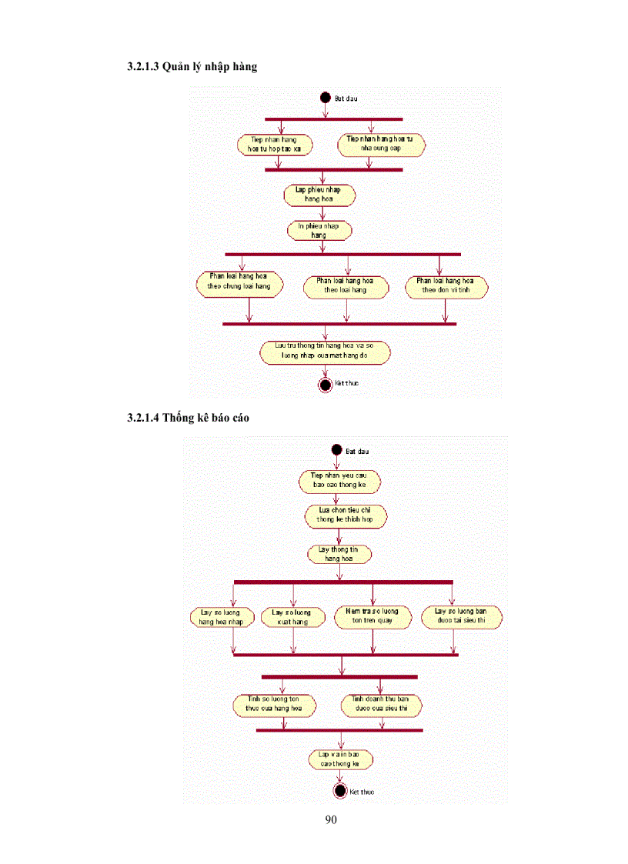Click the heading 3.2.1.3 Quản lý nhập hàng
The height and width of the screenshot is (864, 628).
pyautogui.click(x=192, y=67)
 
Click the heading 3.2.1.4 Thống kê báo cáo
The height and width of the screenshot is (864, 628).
pyautogui.click(x=188, y=419)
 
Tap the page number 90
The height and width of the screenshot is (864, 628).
pyautogui.click(x=331, y=820)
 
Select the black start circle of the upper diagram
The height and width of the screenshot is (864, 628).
pyautogui.click(x=325, y=98)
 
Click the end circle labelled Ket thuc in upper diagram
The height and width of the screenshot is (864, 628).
pyautogui.click(x=325, y=384)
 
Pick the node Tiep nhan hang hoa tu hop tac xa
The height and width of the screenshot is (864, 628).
pyautogui.click(x=275, y=145)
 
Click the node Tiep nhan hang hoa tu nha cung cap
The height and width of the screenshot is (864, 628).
pyautogui.click(x=381, y=145)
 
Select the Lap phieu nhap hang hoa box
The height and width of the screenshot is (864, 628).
pyautogui.click(x=319, y=195)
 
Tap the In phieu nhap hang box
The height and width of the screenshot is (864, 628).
pyautogui.click(x=319, y=230)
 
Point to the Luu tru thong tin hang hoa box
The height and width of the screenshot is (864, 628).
pyautogui.click(x=323, y=352)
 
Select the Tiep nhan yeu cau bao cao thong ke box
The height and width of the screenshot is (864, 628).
pyautogui.click(x=339, y=482)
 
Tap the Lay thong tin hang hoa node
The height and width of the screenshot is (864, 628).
pyautogui.click(x=339, y=554)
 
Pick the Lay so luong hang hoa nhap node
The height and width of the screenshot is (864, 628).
pyautogui.click(x=222, y=617)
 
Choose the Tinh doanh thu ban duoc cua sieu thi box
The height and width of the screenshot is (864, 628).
pyautogui.click(x=381, y=705)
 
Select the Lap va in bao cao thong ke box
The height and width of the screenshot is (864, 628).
pyautogui.click(x=339, y=760)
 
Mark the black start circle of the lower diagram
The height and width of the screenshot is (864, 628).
pyautogui.click(x=336, y=449)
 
